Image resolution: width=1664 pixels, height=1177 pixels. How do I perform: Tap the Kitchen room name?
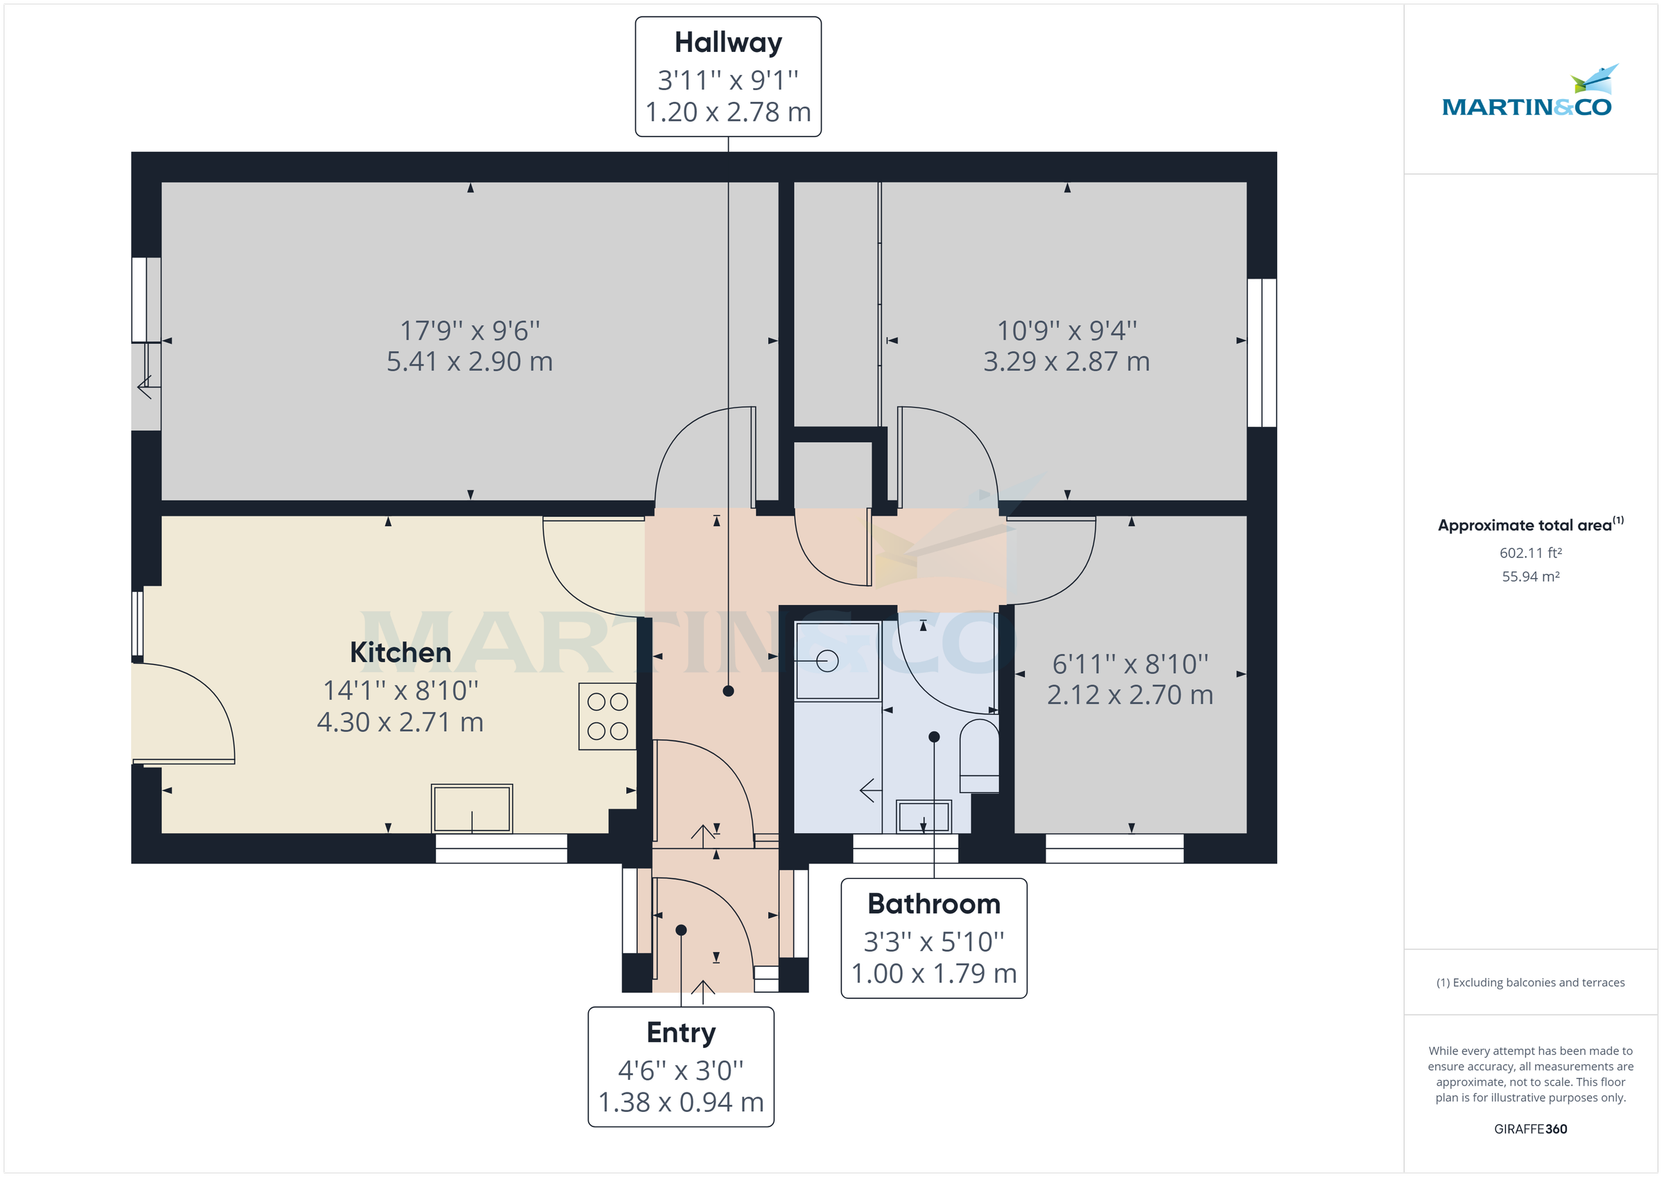click(400, 652)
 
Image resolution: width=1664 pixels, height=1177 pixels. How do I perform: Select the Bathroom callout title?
click(933, 904)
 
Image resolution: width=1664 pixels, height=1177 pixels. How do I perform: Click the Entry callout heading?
click(681, 1032)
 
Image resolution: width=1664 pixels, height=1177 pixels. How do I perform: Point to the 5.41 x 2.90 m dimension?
click(469, 361)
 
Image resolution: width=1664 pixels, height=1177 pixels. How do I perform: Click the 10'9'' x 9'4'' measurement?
click(1066, 331)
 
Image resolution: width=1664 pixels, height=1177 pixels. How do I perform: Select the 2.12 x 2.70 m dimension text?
click(1129, 695)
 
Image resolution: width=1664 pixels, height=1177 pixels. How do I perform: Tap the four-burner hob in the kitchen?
click(607, 716)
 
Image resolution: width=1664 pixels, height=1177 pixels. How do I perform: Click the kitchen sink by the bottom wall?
click(471, 808)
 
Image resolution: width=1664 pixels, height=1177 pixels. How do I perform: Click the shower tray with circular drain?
click(836, 661)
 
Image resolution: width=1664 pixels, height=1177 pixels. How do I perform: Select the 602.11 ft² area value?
click(1530, 553)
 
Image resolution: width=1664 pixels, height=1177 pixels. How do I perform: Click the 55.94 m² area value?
click(1530, 577)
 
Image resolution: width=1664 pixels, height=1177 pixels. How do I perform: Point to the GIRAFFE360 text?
click(1530, 1128)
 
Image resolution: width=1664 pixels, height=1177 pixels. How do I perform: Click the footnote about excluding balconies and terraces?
click(1530, 982)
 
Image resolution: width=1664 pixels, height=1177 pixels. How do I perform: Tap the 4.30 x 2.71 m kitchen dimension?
click(400, 722)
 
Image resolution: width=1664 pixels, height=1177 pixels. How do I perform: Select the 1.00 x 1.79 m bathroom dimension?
click(933, 973)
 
